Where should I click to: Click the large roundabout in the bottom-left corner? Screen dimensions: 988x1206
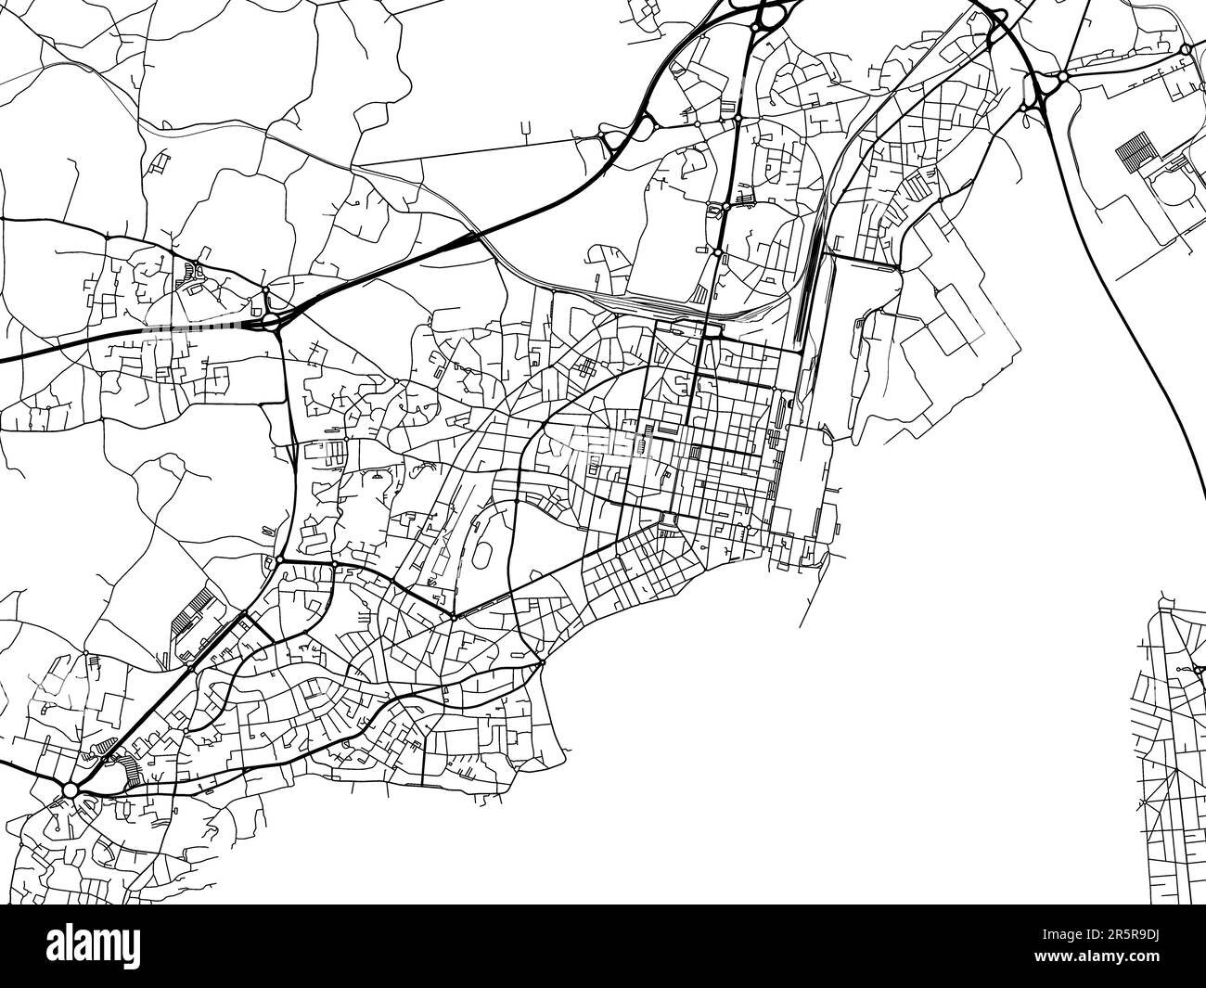[69, 789]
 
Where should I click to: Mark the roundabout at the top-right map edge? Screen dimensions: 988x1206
[1187, 49]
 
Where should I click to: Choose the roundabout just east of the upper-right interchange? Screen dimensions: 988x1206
[1063, 77]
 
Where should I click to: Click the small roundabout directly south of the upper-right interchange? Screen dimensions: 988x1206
[1024, 109]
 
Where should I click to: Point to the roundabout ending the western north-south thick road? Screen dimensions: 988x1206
[279, 560]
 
